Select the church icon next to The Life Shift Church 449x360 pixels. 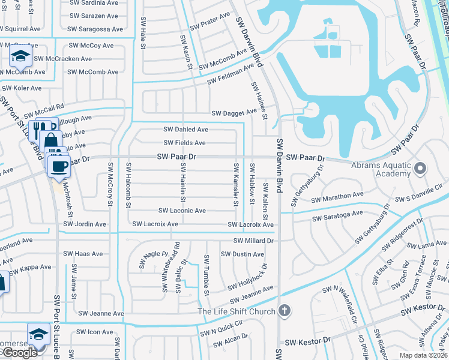(285, 311)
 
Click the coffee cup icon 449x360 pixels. (59, 166)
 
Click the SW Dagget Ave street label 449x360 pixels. (234, 113)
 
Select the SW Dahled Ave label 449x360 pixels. (186, 129)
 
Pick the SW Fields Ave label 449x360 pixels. (185, 143)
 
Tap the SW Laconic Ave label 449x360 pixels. (182, 211)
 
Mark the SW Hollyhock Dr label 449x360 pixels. (244, 278)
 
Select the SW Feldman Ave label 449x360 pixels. (231, 75)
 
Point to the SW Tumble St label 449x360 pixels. (206, 275)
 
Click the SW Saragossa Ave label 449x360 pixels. (95, 29)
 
